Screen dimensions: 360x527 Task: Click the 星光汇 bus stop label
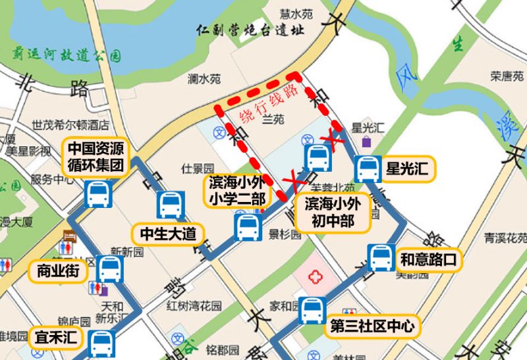tap(407, 170)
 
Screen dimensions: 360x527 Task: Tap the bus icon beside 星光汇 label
tap(366, 169)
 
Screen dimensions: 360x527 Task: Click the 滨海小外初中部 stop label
tap(333, 212)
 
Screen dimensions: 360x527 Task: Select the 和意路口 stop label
tap(428, 259)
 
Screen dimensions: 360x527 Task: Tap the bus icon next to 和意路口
tap(381, 257)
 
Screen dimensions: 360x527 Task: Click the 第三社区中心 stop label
tap(373, 325)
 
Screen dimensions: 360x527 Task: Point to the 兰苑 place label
tap(272, 120)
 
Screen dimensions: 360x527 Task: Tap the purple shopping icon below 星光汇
tap(366, 141)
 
